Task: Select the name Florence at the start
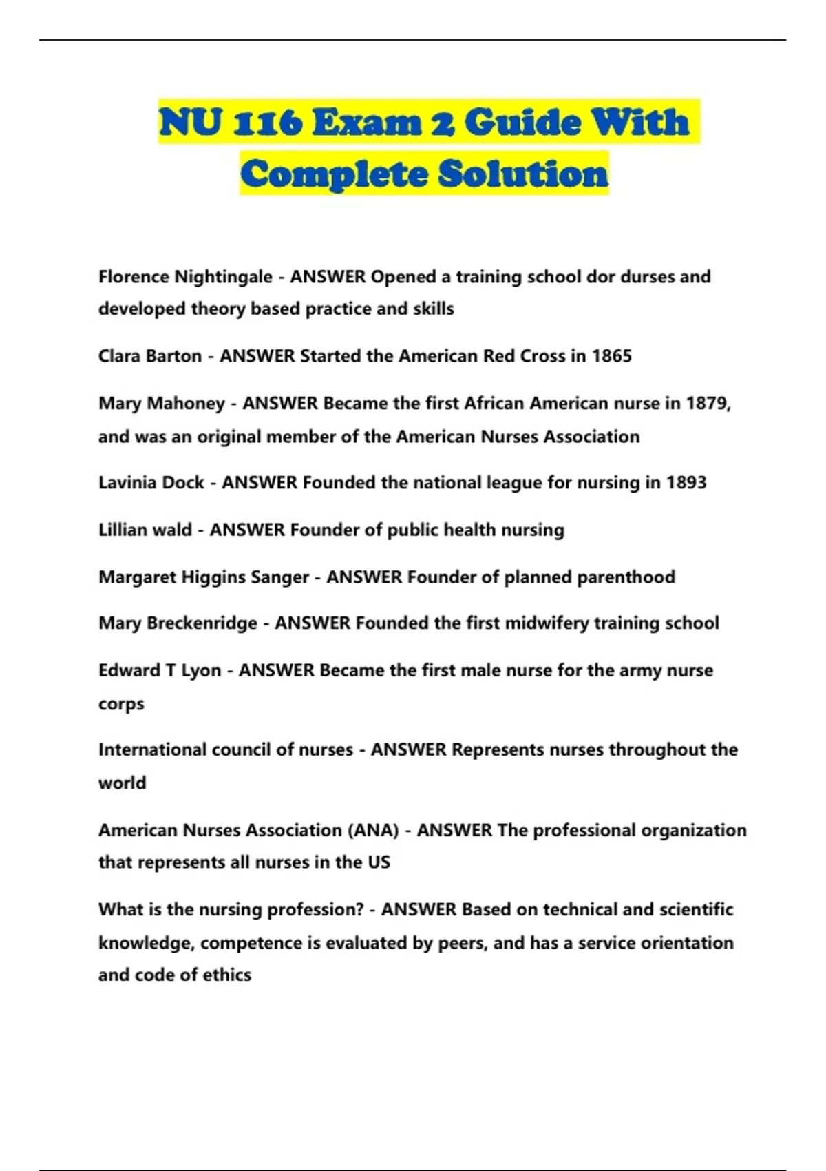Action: (134, 277)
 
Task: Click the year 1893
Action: (686, 482)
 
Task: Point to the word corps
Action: (121, 704)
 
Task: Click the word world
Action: (122, 783)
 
